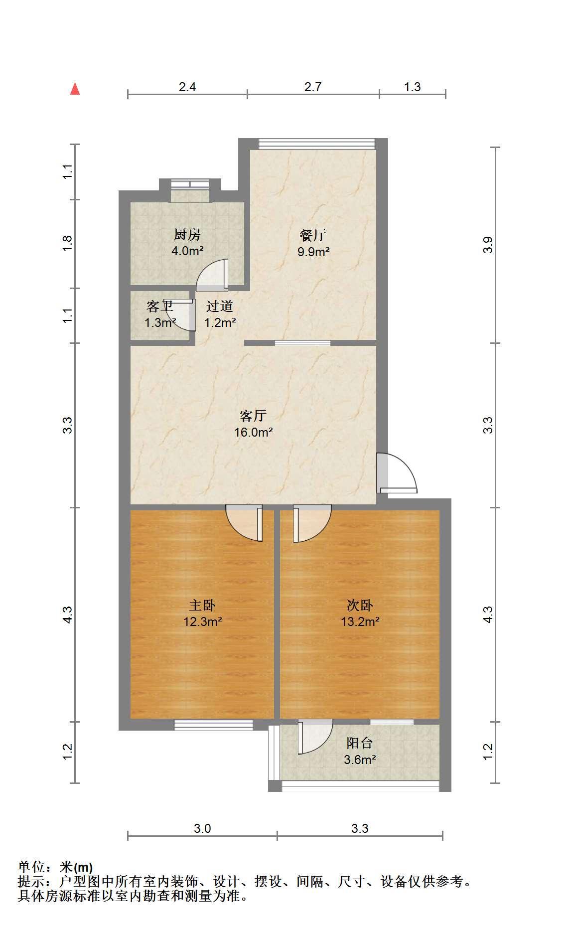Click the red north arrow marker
75,89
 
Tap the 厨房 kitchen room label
187,234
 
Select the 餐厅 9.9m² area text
313,252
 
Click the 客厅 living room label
253,415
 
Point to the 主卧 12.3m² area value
202,621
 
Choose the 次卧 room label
360,605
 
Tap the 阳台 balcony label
360,743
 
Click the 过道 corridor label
220,306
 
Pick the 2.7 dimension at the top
313,87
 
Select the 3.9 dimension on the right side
488,244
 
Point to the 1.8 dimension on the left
68,243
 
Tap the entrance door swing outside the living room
397,473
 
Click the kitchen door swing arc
212,275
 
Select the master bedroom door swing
244,523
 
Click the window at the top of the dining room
317,144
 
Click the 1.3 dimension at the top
412,87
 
